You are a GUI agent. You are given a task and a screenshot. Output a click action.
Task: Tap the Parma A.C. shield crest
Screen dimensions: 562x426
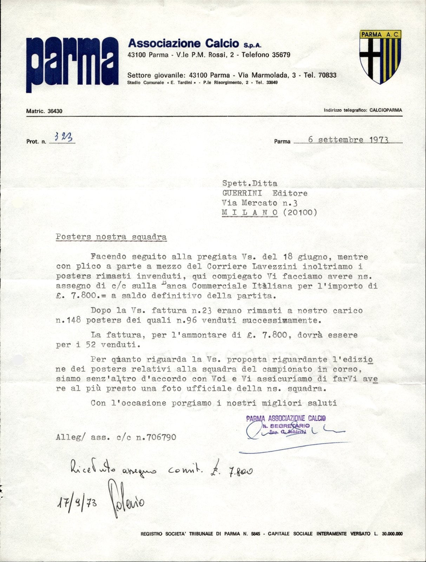[380, 57]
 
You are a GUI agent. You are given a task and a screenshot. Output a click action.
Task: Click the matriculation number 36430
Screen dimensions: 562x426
[55, 111]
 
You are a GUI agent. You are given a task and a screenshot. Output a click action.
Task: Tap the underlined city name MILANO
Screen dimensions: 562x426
[250, 212]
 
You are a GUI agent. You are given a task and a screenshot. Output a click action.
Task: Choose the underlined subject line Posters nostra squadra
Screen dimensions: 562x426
[111, 237]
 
